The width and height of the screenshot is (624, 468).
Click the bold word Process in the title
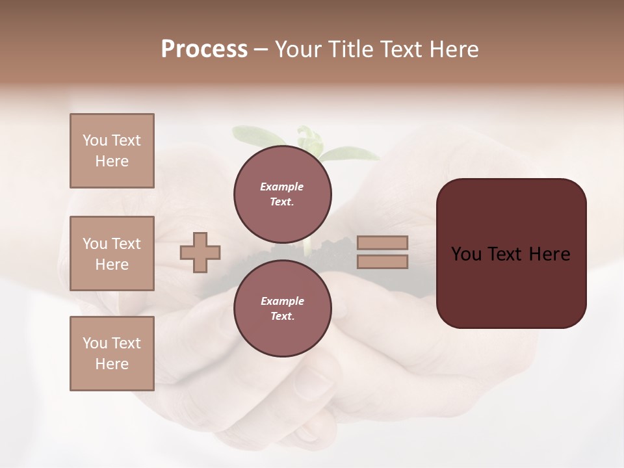204,49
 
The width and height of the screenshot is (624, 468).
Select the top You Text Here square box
112,151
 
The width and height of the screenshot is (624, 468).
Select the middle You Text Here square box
112,253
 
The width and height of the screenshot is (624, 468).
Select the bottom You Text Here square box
112,353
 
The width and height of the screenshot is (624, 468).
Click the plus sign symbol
200,252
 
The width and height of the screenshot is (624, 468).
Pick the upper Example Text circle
283,194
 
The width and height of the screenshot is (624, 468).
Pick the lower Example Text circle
283,308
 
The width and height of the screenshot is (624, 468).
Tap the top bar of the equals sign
382,242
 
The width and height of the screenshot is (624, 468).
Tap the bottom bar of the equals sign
382,261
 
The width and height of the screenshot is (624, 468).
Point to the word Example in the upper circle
281,187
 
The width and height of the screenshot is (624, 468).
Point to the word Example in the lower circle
282,301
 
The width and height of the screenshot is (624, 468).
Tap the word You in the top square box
95,140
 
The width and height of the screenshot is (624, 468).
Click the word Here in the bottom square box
112,364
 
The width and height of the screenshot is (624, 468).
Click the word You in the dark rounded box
466,254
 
